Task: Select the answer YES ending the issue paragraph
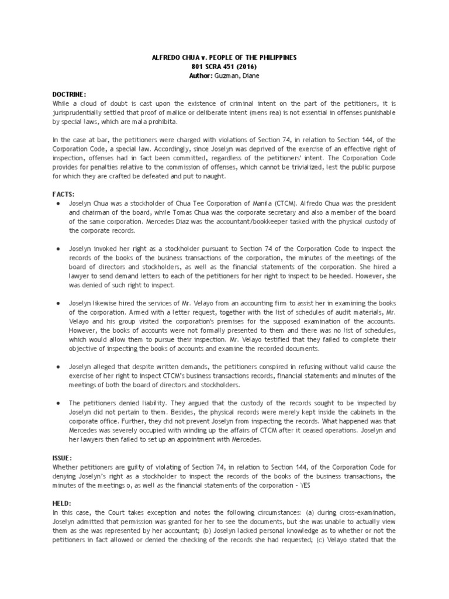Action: (x=324, y=486)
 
